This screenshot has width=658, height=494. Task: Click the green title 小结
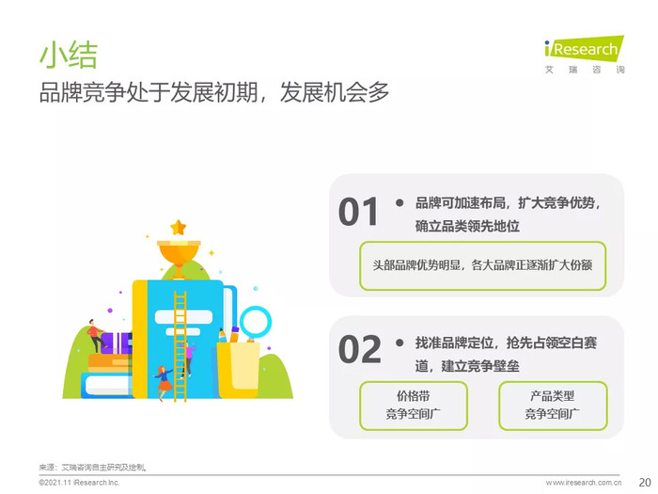[x=69, y=55]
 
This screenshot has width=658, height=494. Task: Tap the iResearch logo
[x=584, y=54]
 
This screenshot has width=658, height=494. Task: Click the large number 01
[x=358, y=212]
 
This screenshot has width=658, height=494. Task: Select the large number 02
[x=360, y=349]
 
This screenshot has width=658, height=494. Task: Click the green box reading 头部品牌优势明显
[x=482, y=265]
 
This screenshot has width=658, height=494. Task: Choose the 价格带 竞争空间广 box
[x=414, y=406]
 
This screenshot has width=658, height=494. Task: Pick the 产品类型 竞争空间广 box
[x=553, y=406]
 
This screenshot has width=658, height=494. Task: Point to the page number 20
[x=645, y=482]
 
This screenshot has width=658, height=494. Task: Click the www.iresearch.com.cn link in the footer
[x=584, y=483]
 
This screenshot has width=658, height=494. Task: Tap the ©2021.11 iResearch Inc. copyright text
[x=79, y=483]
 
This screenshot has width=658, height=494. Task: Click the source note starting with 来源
[x=92, y=467]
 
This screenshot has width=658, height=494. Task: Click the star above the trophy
[x=179, y=228]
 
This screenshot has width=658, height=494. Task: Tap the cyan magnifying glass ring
[x=256, y=323]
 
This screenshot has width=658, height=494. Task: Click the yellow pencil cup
[x=238, y=370]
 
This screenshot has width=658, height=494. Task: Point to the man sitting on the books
[x=96, y=335]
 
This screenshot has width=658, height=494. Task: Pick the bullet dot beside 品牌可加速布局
[x=399, y=203]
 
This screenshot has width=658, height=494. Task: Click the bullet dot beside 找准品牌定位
[x=399, y=343]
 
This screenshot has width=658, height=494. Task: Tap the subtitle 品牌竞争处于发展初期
[x=149, y=92]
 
